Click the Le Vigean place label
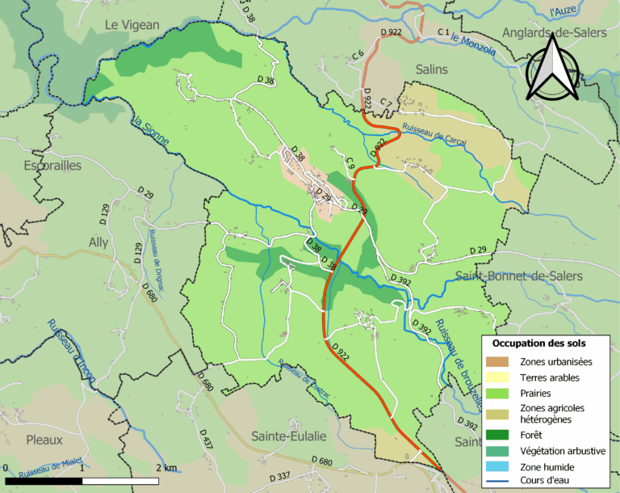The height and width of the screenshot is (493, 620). pyautogui.click(x=132, y=25)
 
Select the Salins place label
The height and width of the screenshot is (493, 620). pyautogui.click(x=431, y=70)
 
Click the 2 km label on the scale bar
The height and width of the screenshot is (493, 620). pyautogui.click(x=166, y=468)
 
